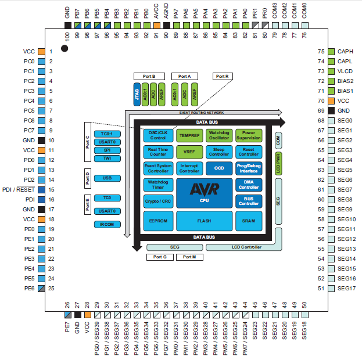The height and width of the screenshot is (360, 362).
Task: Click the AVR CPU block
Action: [203, 193]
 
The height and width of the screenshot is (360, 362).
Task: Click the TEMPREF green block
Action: [189, 135]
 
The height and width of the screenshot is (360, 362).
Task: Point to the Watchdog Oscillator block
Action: [218, 135]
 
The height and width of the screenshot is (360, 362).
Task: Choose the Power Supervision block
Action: [248, 135]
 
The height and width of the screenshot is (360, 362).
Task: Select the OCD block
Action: [218, 168]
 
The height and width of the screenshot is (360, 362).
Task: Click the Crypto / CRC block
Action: [158, 201]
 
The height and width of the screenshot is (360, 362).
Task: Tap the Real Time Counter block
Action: [158, 152]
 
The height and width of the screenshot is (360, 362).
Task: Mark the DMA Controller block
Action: [248, 185]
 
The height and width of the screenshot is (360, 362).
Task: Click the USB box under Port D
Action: [107, 178]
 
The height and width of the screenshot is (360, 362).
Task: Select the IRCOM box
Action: [107, 224]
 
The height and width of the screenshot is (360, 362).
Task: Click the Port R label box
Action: [223, 76]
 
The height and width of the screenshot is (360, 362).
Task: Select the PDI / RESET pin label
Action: [18, 190]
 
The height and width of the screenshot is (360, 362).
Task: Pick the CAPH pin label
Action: [345, 52]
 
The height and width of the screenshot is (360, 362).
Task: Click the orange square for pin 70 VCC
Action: [332, 101]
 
